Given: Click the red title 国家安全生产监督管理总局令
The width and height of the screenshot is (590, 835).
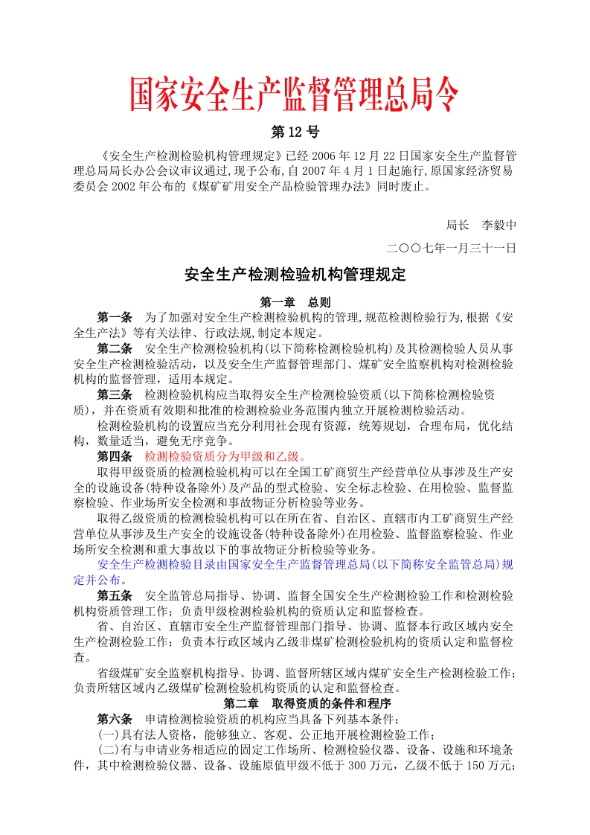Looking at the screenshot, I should coord(295,95).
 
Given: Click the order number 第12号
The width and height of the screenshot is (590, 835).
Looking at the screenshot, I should coord(295,133).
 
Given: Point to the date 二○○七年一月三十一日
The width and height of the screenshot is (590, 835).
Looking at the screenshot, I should coord(452,248).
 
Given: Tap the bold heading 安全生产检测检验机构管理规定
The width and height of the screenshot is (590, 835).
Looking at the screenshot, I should coord(295,275).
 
